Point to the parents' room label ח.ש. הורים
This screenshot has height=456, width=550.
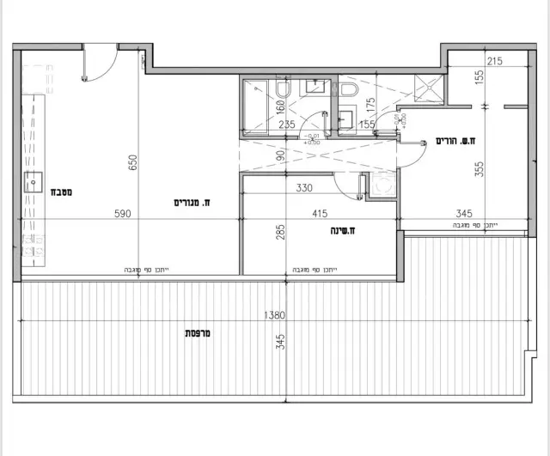(x=456, y=141)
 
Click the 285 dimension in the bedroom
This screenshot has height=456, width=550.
(x=280, y=232)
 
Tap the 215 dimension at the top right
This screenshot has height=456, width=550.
(x=493, y=62)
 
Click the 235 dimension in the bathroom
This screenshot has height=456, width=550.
(x=288, y=124)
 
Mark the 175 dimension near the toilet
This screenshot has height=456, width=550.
(x=371, y=106)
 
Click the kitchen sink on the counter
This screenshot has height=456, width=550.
(x=36, y=182)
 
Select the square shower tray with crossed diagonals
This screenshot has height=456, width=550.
(x=428, y=88)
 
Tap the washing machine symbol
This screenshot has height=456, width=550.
(x=382, y=185)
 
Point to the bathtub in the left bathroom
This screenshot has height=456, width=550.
(x=258, y=105)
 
